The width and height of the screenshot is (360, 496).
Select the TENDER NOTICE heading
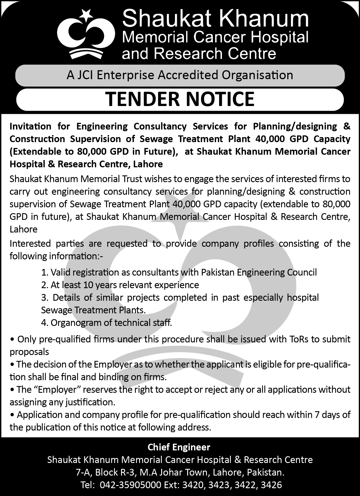coord(180,99)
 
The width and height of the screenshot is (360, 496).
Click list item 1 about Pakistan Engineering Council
coord(179,272)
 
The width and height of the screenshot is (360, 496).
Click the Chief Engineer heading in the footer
coord(179,447)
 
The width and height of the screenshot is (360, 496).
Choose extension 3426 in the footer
coord(271,485)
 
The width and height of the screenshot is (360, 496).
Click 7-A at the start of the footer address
coord(83,473)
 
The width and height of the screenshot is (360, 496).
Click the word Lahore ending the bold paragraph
coord(148,164)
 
